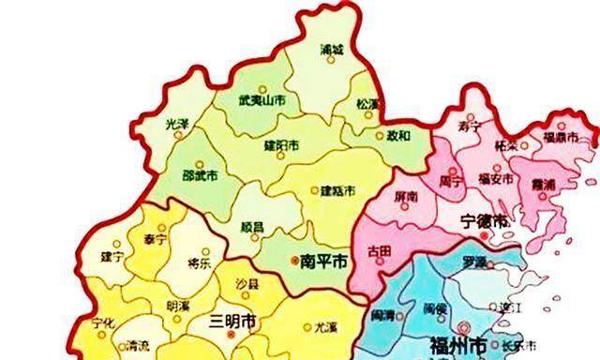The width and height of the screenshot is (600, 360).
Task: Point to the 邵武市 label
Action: (200, 174)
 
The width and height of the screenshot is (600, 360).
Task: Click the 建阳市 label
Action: (281, 146)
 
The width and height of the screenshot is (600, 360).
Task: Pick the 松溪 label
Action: (368, 103)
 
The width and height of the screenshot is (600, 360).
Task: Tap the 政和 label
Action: (399, 135)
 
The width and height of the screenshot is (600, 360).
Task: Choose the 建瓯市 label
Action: (337, 190)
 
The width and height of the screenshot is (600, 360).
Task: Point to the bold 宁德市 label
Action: (487, 222)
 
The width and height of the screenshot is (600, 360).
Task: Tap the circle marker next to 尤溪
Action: (307, 327)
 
